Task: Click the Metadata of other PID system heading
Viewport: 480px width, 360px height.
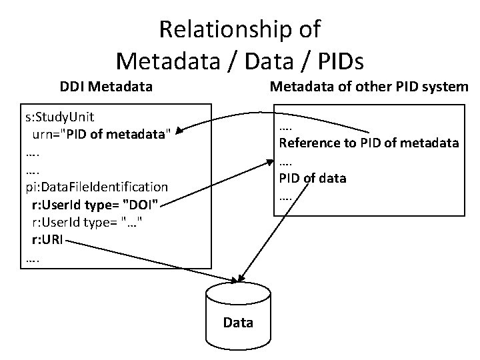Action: click(x=368, y=87)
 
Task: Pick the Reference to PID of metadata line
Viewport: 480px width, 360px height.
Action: click(x=369, y=143)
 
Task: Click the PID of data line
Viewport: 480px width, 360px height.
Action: click(x=313, y=178)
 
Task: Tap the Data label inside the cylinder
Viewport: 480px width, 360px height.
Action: click(x=238, y=323)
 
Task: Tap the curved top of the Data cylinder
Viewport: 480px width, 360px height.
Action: click(x=238, y=291)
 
